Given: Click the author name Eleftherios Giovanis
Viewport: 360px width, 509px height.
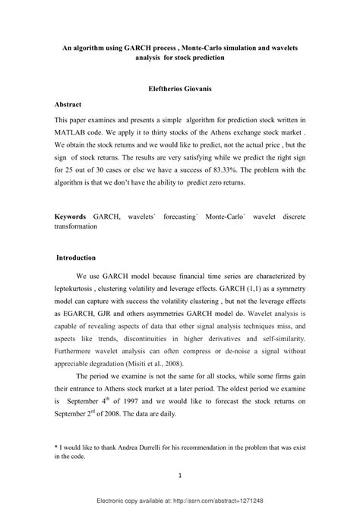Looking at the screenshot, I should [x=179, y=87].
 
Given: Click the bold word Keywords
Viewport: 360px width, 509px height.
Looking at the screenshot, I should [x=71, y=217].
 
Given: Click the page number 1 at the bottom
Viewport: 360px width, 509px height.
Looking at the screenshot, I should [x=179, y=476].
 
